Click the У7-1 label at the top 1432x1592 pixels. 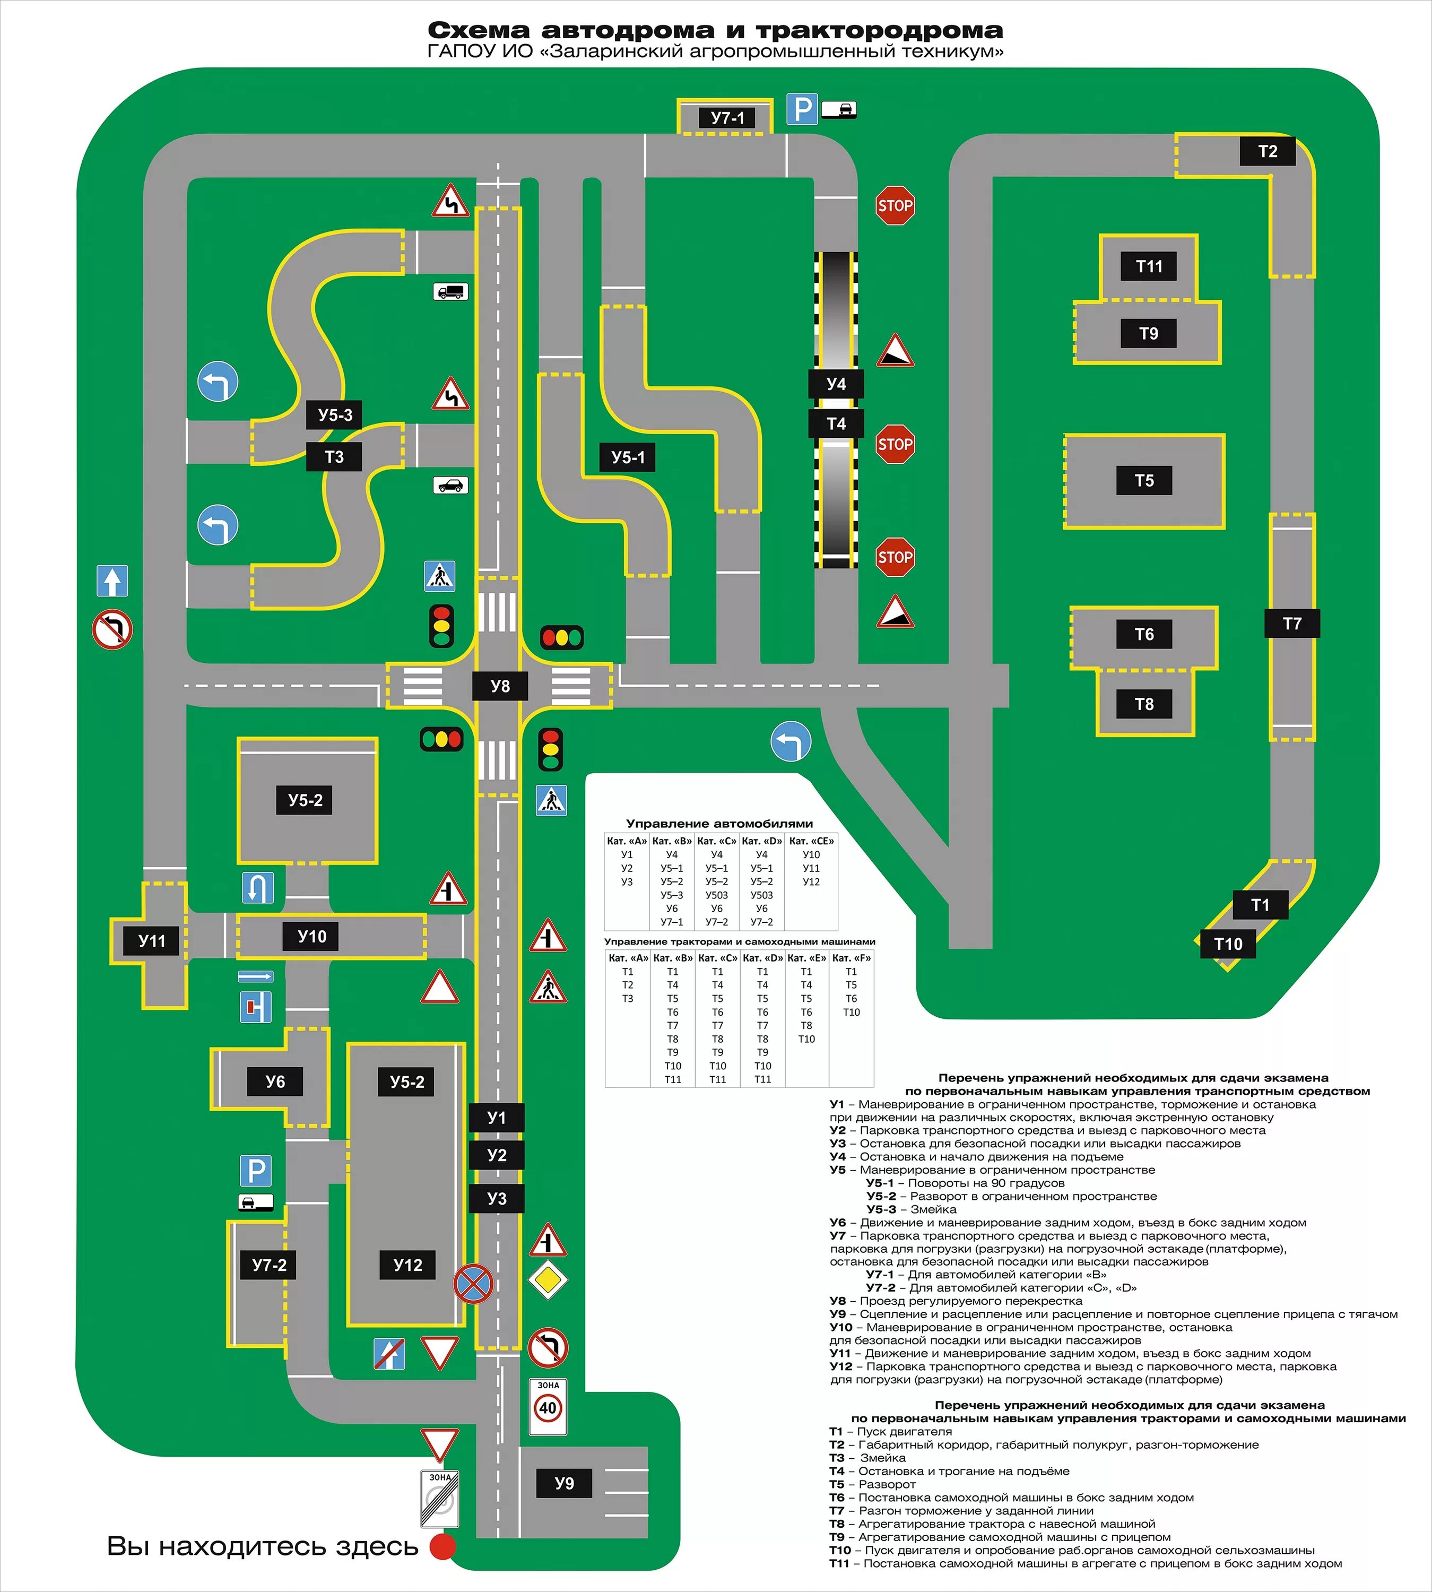[727, 118]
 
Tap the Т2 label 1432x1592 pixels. [1267, 151]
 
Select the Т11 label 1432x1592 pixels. [1149, 266]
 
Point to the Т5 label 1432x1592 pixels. [1144, 480]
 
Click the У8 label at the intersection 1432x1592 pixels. [500, 686]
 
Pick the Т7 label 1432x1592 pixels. [1292, 623]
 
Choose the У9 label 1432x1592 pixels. [564, 1483]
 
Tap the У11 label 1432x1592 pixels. [152, 940]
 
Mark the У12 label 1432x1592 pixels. [407, 1265]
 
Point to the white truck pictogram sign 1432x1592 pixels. [451, 292]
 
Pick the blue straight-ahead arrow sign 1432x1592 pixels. [112, 581]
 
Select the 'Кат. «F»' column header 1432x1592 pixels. [852, 958]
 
